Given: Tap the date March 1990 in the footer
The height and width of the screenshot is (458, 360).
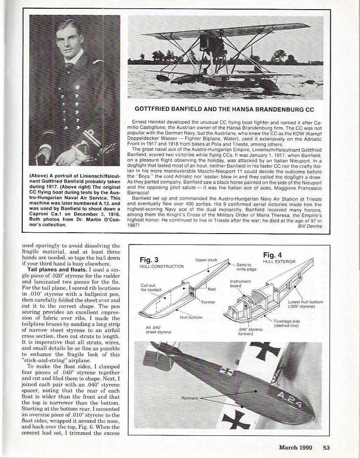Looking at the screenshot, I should tap(296, 446).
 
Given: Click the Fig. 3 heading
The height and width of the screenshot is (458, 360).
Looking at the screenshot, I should tap(148, 260).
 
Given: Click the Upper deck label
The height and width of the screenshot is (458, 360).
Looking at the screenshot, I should tap(206, 260).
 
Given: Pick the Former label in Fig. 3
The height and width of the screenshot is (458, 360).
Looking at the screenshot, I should tap(208, 302).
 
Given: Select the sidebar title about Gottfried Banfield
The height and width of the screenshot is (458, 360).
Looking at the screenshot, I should tap(225, 109).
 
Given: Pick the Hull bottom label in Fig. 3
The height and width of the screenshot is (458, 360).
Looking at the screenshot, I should tap(191, 317).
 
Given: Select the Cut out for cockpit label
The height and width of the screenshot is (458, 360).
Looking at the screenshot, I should tap(148, 288).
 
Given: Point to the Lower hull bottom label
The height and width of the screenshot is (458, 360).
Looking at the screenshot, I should tap(306, 304).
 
